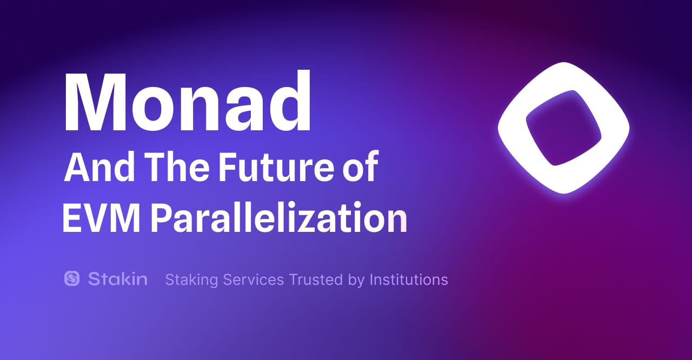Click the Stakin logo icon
[72, 278]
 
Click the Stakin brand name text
[117, 279]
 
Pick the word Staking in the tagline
[191, 280]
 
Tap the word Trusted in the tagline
[316, 280]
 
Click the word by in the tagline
[356, 281]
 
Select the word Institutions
[409, 280]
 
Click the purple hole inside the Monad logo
[563, 128]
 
